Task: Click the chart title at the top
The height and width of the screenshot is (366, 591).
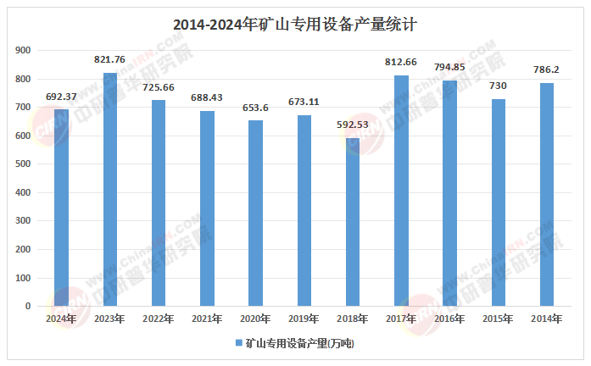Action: tap(294, 25)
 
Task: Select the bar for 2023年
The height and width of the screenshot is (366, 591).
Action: tap(110, 190)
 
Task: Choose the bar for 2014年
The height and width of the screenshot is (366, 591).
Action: tap(547, 195)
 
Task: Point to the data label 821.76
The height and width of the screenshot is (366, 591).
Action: tap(110, 59)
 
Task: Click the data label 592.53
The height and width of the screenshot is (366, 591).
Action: tap(352, 125)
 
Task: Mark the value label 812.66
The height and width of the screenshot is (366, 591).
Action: tap(401, 62)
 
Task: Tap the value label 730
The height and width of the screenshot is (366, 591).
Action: tap(498, 86)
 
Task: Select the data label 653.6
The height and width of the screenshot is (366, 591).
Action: tap(255, 108)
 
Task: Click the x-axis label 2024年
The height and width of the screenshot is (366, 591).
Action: tap(62, 319)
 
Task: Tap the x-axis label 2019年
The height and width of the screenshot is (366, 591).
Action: tap(304, 319)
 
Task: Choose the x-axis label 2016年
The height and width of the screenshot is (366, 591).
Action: tap(449, 319)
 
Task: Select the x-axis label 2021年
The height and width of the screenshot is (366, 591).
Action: tap(207, 319)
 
